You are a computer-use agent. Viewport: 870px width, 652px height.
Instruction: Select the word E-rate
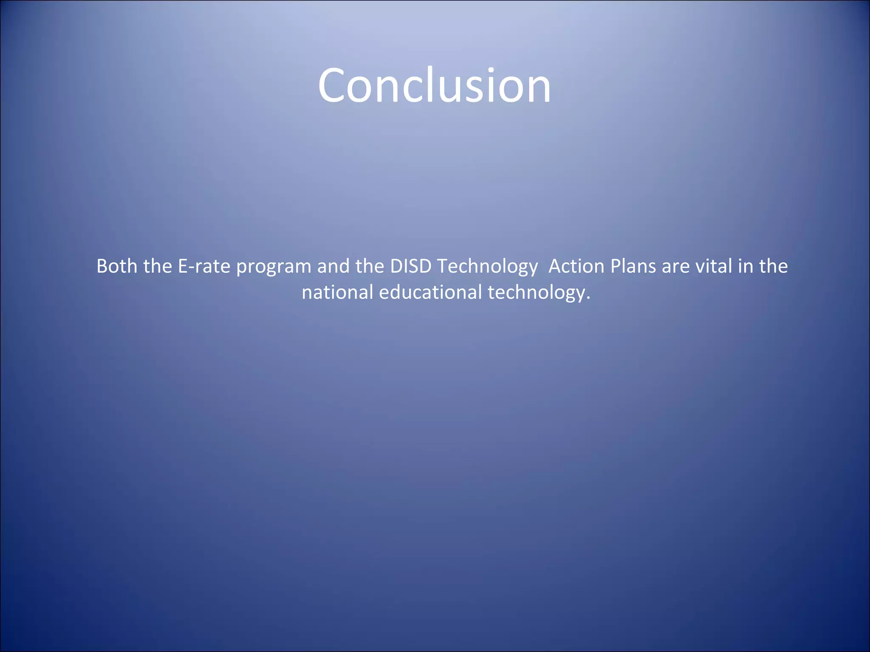tap(204, 267)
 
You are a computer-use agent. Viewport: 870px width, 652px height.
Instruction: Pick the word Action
tap(576, 267)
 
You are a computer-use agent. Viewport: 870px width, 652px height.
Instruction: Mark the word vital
tap(714, 267)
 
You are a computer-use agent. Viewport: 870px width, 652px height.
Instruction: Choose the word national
tap(337, 292)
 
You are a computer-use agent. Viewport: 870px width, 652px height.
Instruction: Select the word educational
tap(430, 292)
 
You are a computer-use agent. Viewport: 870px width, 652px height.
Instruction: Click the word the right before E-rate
tap(158, 267)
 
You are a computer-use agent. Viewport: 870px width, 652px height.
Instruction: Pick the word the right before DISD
tap(370, 267)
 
